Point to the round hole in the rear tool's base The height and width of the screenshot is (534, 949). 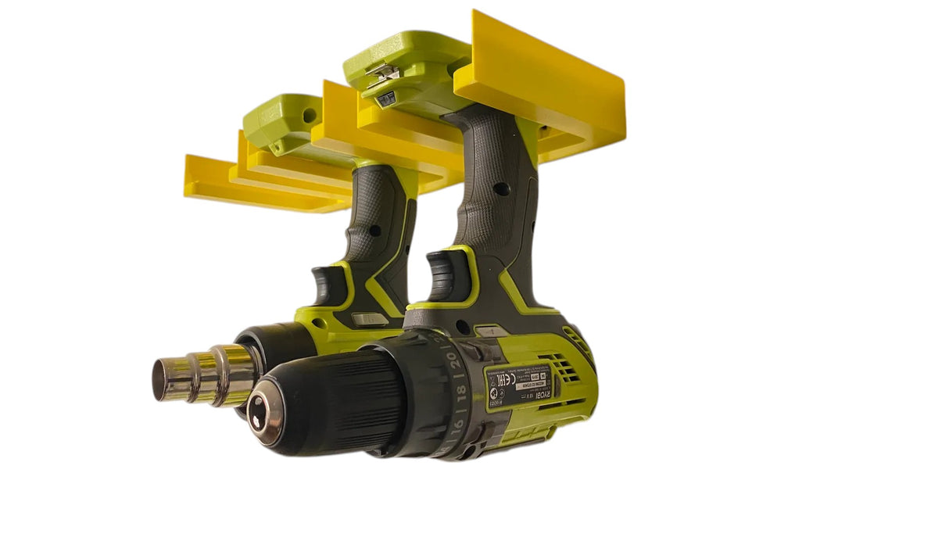coord(310,116)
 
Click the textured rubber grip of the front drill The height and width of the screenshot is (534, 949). coord(496,195)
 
